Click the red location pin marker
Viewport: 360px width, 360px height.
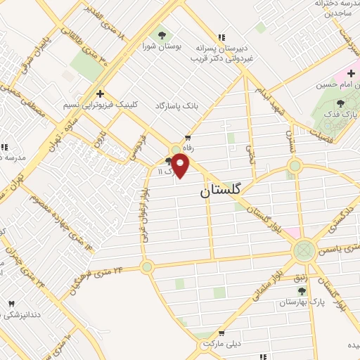(181, 167)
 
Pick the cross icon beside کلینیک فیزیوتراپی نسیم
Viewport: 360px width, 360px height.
(100, 93)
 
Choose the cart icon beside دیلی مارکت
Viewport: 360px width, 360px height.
(222, 333)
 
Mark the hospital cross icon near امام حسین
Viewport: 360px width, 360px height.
(350, 73)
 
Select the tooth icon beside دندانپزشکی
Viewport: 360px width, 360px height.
(11, 304)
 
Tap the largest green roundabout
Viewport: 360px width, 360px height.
(304, 250)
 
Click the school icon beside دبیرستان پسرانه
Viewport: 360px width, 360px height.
(222, 37)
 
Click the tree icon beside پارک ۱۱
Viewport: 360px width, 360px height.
(168, 162)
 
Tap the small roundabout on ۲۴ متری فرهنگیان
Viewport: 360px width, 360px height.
(146, 266)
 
